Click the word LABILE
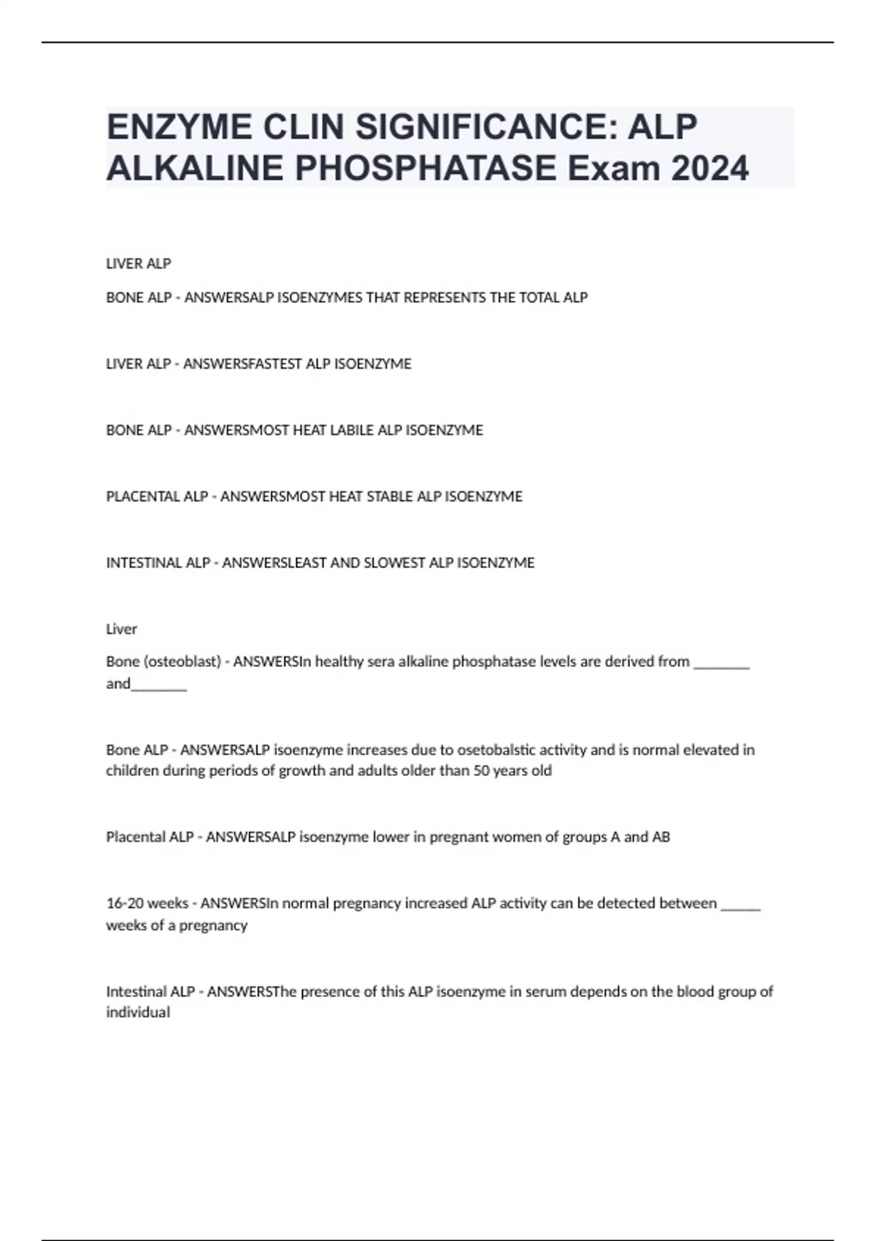353,430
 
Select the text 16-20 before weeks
125,903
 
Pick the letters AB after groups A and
661,837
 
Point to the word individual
138,1013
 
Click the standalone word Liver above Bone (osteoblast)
121,629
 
